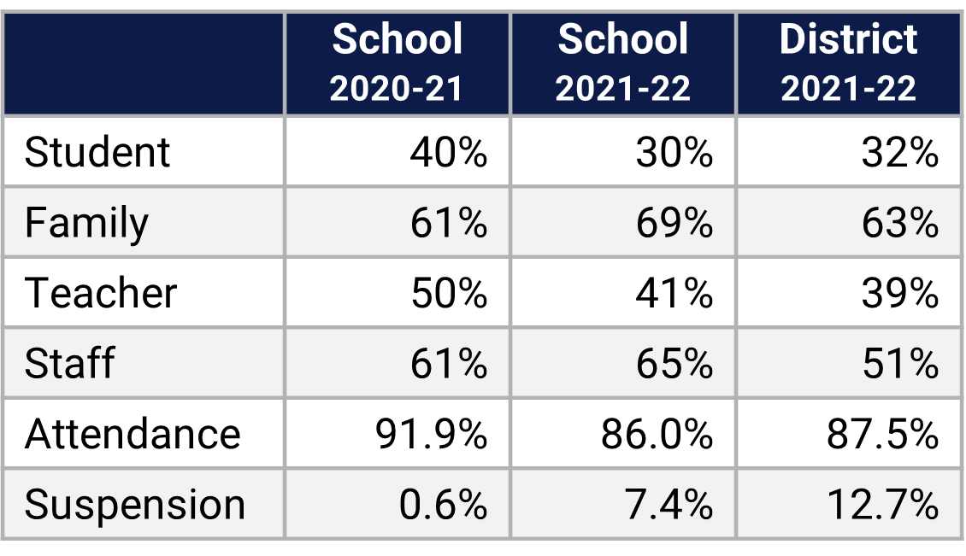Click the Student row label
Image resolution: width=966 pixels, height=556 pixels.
pos(97,153)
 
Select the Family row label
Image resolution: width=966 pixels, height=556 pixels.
pos(86,224)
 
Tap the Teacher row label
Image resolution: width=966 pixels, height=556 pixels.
pos(101,294)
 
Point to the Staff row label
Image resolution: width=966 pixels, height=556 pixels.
pos(69,364)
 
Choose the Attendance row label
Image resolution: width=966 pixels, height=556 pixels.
pos(133,434)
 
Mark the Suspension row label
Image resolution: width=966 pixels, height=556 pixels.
pos(135,505)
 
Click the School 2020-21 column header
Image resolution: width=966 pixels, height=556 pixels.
pos(397,63)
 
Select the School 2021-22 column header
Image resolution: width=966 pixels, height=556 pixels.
pos(622,63)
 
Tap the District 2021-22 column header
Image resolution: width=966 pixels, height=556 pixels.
pos(848,63)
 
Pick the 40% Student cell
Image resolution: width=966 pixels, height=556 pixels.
pos(448,153)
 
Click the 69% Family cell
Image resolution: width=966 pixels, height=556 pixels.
pos(674,224)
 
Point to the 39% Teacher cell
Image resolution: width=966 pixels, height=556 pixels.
pos(899,294)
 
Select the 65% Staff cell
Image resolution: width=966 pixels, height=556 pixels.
pos(674,364)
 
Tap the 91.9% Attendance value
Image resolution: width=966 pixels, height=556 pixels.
pos(431,434)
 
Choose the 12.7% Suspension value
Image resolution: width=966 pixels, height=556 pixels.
pos(882,505)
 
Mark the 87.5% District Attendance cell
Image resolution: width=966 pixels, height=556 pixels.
pos(882,434)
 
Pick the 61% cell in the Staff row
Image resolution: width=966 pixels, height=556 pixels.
pos(448,364)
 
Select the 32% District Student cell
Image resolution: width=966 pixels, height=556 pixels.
pos(899,153)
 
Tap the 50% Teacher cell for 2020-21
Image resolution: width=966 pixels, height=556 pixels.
pos(448,294)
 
